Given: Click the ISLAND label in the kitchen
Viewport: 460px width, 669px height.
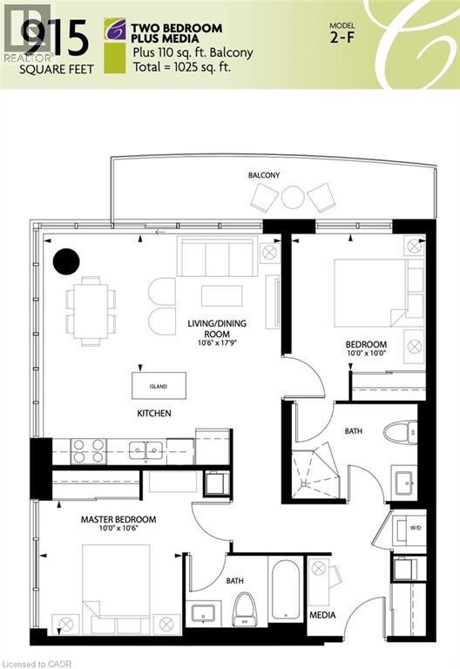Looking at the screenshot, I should [x=158, y=386].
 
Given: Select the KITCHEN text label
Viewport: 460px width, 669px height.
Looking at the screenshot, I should [x=153, y=413].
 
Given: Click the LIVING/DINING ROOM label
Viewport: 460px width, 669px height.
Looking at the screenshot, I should [x=217, y=328].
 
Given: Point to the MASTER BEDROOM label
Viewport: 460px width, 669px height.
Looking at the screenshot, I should [x=118, y=520].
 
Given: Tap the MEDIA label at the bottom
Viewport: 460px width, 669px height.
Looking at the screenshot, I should [x=323, y=615].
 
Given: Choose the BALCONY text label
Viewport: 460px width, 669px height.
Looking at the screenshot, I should [x=264, y=175].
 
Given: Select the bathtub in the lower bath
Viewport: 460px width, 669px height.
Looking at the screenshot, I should [x=286, y=589].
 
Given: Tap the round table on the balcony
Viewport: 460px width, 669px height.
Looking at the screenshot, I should [x=293, y=198].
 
